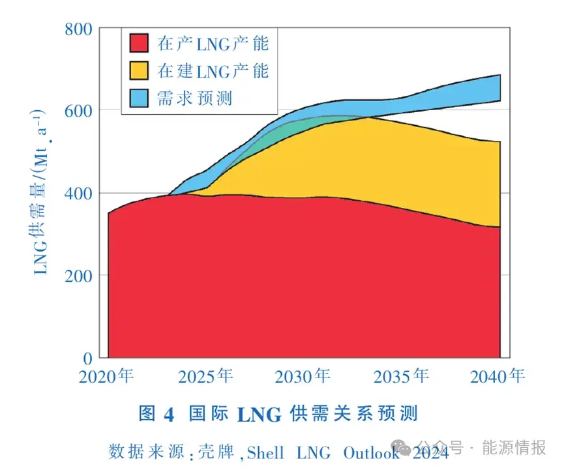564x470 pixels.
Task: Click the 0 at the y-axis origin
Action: (87, 358)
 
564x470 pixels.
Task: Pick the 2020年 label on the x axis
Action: (107, 377)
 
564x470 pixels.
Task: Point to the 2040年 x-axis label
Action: (498, 377)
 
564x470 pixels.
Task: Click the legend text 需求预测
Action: (194, 98)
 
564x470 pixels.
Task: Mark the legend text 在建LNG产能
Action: (213, 70)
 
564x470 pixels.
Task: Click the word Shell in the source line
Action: (265, 451)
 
